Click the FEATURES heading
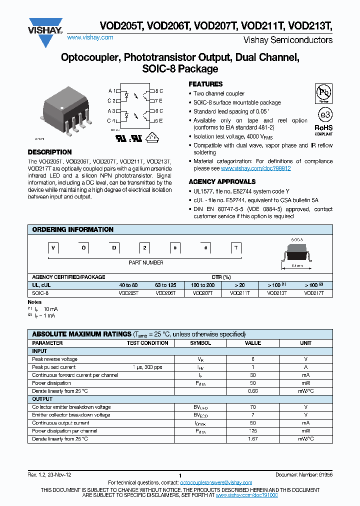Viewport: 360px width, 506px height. [x=205, y=84]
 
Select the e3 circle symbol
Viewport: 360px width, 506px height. [x=325, y=115]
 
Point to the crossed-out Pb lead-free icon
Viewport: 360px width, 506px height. [x=324, y=93]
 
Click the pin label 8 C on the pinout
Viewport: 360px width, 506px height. [x=158, y=91]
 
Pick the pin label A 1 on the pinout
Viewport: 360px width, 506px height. [x=112, y=91]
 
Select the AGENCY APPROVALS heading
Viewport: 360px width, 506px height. [x=222, y=181]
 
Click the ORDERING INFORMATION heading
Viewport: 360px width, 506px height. [x=72, y=229]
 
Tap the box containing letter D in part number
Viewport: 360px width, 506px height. [x=114, y=248]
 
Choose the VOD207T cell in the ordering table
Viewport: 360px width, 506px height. [x=202, y=293]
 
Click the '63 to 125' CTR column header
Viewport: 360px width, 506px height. [x=165, y=284]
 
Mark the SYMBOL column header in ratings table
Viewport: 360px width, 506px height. [x=200, y=343]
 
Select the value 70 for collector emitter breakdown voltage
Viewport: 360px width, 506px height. [x=253, y=407]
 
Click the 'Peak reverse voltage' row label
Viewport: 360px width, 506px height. [x=55, y=359]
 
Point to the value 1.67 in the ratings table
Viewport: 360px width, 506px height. [x=253, y=439]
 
